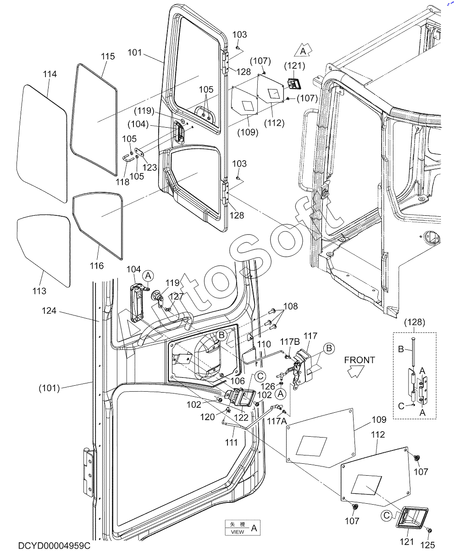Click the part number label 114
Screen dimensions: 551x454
coord(50,74)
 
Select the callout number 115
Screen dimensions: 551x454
coord(108,56)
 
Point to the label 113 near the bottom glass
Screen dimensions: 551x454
coord(39,291)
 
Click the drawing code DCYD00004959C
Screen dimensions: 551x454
coord(54,545)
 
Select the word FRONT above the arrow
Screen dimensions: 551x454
coord(360,360)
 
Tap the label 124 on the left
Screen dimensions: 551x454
coord(49,311)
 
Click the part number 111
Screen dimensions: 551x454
coord(232,442)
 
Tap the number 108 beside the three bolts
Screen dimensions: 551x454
coord(290,306)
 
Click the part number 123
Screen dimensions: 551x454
coord(150,168)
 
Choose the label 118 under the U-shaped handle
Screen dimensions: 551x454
coord(122,182)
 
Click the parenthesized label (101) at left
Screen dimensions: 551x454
coord(49,388)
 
